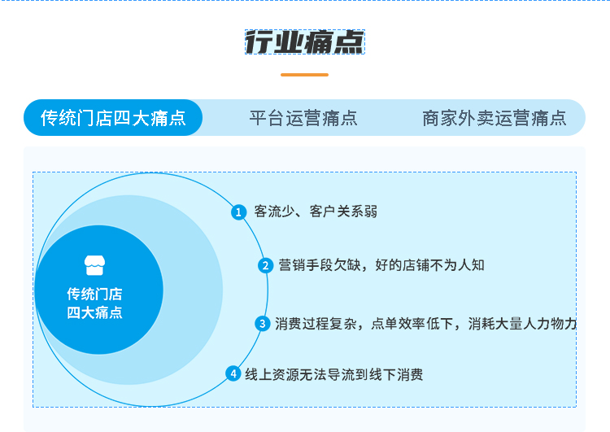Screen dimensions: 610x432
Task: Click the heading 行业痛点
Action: click(x=305, y=42)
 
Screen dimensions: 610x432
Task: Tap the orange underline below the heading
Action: click(x=305, y=75)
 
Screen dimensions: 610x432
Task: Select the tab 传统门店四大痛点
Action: click(x=113, y=117)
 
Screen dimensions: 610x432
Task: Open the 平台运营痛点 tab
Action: click(x=303, y=118)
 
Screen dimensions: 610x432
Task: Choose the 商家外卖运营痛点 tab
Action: click(x=494, y=118)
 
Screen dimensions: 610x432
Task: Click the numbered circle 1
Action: click(x=238, y=212)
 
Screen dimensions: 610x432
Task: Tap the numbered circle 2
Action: click(x=265, y=265)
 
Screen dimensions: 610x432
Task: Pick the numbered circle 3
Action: click(x=262, y=324)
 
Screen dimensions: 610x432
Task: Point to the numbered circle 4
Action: click(x=233, y=373)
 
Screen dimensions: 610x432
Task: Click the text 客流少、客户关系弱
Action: click(x=316, y=212)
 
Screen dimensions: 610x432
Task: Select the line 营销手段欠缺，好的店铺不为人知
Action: click(x=381, y=265)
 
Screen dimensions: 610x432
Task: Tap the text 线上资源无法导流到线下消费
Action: click(x=333, y=374)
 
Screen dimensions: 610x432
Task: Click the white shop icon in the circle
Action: click(x=94, y=265)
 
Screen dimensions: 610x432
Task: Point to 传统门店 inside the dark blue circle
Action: click(x=94, y=294)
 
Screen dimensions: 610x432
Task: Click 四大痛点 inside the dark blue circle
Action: click(x=94, y=312)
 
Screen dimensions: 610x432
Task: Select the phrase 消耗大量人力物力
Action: click(x=522, y=324)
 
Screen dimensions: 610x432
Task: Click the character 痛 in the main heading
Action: click(x=319, y=42)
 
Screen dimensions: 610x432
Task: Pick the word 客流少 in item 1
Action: click(x=274, y=212)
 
